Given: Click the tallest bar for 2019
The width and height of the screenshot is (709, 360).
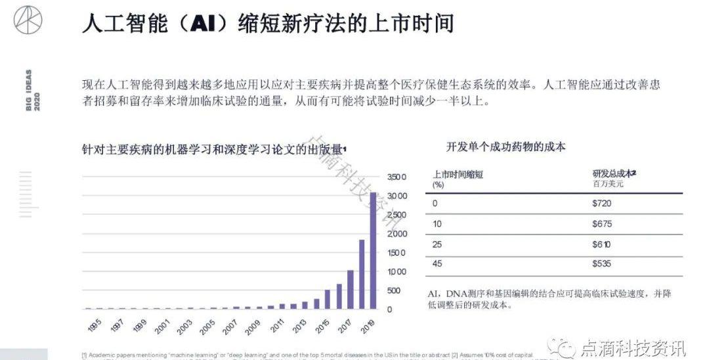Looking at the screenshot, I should [374, 250].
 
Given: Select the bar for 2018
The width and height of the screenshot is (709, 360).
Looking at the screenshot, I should [362, 274].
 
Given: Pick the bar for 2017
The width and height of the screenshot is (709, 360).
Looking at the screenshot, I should [351, 289].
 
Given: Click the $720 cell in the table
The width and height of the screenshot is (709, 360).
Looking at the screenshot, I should [602, 203].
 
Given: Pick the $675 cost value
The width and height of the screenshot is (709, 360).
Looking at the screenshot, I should [602, 224].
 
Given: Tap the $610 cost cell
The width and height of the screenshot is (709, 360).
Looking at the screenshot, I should [602, 244].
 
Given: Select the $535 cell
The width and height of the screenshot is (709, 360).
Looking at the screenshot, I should [602, 264].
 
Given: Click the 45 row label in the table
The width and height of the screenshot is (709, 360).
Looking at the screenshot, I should [437, 264].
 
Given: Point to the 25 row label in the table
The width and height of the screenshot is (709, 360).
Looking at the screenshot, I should [437, 244].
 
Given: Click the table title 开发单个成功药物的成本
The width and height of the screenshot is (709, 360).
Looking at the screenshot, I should [505, 146].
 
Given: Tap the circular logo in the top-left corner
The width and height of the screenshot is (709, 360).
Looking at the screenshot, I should [28, 20].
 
